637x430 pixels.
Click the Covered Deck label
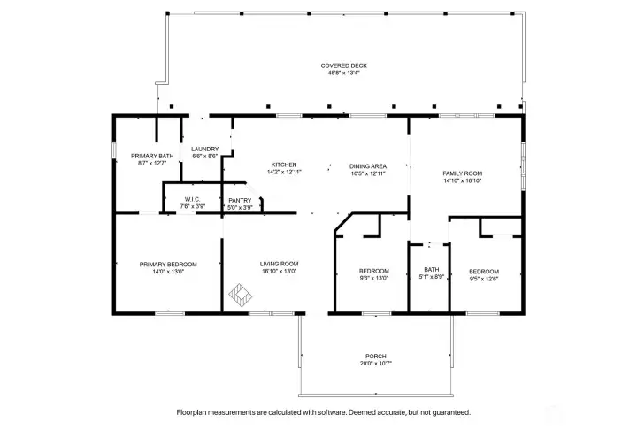point(343,65)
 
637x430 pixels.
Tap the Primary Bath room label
point(152,156)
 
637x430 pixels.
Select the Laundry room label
point(204,150)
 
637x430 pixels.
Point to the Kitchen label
point(284,165)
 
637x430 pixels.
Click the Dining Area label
point(368,166)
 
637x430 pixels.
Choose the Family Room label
point(463,173)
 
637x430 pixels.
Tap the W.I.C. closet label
point(192,199)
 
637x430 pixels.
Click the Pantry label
point(240,200)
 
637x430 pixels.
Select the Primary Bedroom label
point(168,265)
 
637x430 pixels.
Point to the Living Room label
point(279,264)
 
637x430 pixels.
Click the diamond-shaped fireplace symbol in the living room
point(240,295)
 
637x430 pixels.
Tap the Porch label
point(375,357)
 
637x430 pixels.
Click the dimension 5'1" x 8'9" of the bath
point(432,277)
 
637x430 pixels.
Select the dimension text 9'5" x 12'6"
point(484,279)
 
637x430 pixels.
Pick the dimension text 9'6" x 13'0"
point(374,279)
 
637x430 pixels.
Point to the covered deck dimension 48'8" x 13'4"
point(343,73)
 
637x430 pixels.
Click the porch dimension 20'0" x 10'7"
point(375,364)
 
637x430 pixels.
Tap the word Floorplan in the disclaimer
point(190,412)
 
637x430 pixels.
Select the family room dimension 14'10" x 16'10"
point(463,180)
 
